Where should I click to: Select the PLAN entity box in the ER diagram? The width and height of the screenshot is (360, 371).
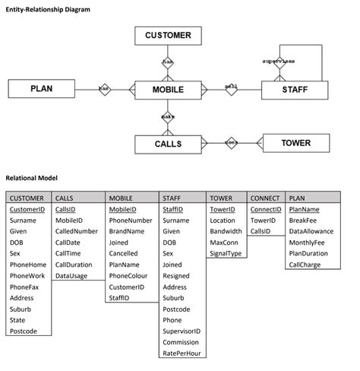(x=42, y=89)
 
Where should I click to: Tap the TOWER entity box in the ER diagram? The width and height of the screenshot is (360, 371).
(x=295, y=143)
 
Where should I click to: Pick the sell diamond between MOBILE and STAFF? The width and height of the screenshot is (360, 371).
(x=232, y=89)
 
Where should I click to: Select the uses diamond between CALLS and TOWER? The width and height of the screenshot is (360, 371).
(x=232, y=143)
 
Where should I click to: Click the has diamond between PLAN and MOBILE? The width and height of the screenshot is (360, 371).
(x=104, y=89)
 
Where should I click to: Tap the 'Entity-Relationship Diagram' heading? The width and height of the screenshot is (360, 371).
(x=48, y=9)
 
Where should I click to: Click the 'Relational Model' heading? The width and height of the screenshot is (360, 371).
(x=32, y=177)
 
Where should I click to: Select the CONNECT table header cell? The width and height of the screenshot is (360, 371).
(x=265, y=198)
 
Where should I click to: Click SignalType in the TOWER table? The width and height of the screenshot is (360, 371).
(x=226, y=253)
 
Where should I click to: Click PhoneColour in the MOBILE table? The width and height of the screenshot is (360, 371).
(x=128, y=276)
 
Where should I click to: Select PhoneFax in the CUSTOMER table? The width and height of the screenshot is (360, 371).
(x=25, y=287)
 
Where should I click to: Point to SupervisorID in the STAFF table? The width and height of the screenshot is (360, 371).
(x=182, y=331)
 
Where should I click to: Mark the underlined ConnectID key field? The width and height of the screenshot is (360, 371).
(x=266, y=209)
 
